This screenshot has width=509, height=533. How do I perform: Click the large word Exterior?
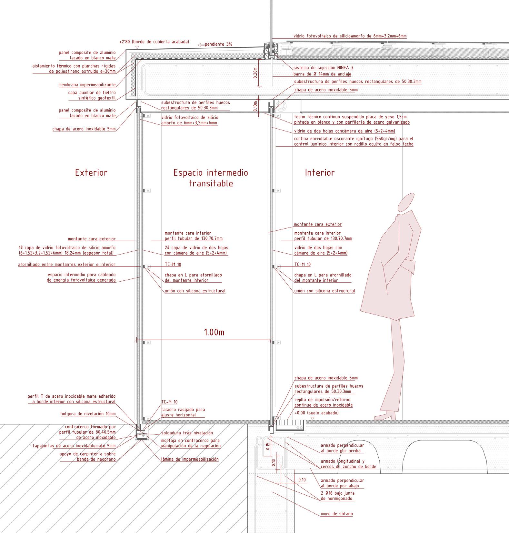tap(91, 173)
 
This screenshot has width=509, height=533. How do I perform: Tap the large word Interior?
tap(320, 173)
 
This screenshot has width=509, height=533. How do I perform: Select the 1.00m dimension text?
tap(214, 332)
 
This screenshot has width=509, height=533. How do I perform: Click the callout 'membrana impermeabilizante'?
tap(87, 85)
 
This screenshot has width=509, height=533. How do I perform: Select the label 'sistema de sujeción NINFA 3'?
tap(323, 68)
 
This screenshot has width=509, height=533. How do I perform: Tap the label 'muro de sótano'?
tap(337, 514)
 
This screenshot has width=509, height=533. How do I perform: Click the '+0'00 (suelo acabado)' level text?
tap(316, 413)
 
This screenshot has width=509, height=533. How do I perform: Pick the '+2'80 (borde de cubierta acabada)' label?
tap(154, 42)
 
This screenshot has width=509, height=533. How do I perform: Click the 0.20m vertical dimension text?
tap(255, 73)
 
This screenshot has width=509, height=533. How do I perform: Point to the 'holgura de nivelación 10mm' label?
tap(88, 414)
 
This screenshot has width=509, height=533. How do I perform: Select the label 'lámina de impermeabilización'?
tap(190, 459)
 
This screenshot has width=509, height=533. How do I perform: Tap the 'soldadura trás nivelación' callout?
tap(187, 433)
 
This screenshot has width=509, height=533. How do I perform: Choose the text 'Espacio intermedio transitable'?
tap(211, 178)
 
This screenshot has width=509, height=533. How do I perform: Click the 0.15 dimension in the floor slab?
tap(268, 446)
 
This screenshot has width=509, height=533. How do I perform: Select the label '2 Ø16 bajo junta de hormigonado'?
tap(337, 496)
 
